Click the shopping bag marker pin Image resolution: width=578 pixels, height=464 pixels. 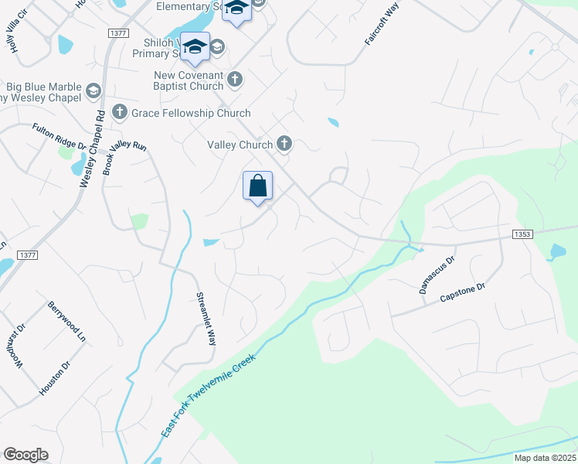click(x=257, y=187)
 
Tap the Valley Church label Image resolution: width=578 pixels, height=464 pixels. click(x=240, y=145)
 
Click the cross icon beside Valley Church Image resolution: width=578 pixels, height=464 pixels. click(x=284, y=143)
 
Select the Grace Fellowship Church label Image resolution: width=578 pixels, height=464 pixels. click(x=191, y=113)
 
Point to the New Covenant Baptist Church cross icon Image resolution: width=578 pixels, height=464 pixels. click(x=235, y=79)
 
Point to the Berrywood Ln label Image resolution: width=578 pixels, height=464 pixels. click(x=66, y=322)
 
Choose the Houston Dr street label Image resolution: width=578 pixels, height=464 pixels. click(x=55, y=377)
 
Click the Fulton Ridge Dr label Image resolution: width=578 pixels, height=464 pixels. click(x=59, y=136)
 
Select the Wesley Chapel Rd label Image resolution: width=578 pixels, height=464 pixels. click(x=91, y=149)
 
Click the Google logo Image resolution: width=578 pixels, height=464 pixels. click(x=25, y=455)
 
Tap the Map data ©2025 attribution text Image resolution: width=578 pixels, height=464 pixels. click(x=545, y=458)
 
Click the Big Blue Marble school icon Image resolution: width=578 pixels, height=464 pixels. click(x=93, y=91)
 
